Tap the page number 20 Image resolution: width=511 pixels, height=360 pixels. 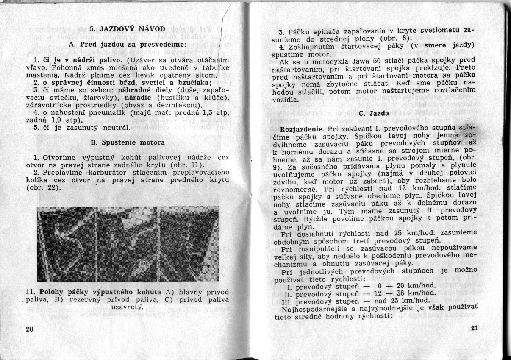click(x=30, y=330)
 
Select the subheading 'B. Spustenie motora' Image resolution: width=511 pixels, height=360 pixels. click(x=128, y=142)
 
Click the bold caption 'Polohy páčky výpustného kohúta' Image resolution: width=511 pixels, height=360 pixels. click(x=100, y=292)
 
